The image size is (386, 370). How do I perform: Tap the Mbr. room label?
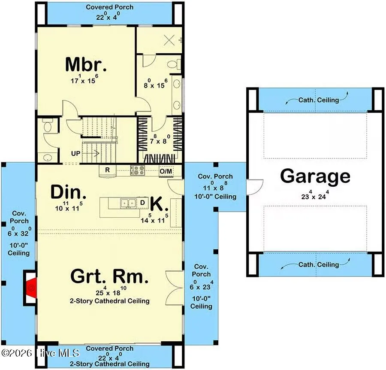(x=86, y=64)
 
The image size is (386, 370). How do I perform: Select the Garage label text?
(x=315, y=176)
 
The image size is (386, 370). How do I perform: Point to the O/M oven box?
(x=166, y=171)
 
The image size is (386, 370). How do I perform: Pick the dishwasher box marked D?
(x=142, y=203)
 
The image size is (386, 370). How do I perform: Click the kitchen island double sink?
(x=128, y=203)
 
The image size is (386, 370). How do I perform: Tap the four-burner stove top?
(x=138, y=170)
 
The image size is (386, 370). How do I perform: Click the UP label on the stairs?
(x=75, y=154)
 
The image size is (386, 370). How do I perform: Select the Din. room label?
(x=69, y=192)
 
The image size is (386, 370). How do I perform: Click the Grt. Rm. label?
(x=109, y=276)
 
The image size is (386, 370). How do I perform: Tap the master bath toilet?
(x=174, y=64)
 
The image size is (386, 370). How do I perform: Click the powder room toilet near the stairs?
(x=48, y=126)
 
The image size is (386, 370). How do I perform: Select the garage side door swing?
(x=255, y=187)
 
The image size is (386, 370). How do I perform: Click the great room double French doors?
(x=175, y=288)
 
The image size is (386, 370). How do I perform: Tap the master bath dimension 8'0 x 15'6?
(x=156, y=84)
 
